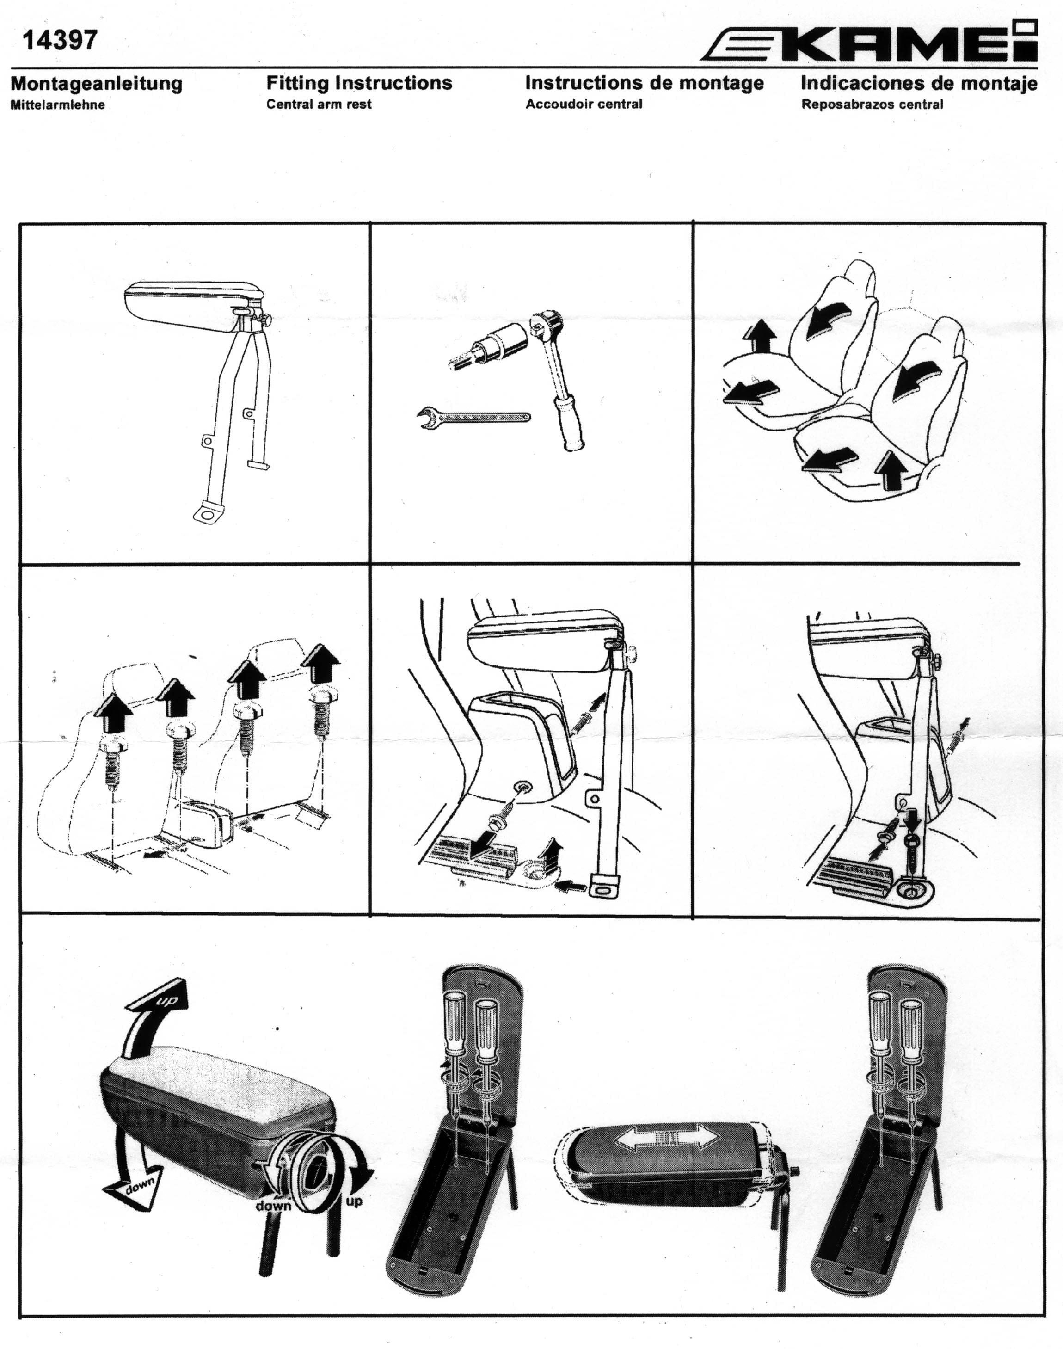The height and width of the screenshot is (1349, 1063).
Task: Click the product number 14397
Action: pos(60,40)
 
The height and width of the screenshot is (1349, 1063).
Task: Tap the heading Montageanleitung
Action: pos(97,83)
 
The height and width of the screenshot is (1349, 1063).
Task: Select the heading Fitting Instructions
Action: pos(359,83)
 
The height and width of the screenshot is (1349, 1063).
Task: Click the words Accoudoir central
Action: pos(584,104)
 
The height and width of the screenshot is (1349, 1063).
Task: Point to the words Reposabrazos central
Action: pos(872,104)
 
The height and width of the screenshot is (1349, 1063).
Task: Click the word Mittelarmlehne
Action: pos(57,105)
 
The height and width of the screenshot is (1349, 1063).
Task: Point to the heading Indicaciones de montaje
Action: pos(919,83)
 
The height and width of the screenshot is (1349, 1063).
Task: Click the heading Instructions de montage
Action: pos(645,83)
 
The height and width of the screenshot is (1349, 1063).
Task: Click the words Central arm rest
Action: pos(319,104)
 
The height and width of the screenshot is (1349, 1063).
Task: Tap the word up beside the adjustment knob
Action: pos(354,1201)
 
